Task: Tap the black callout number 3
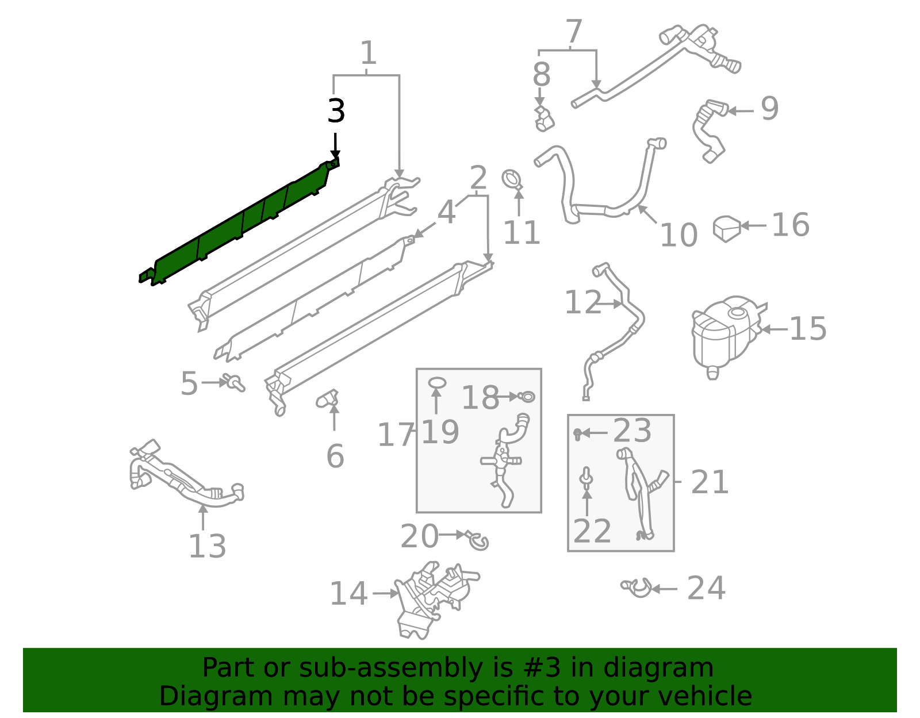pyautogui.click(x=336, y=111)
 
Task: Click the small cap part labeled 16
pyautogui.click(x=727, y=228)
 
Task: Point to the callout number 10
pyautogui.click(x=678, y=235)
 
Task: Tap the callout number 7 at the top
pyautogui.click(x=574, y=32)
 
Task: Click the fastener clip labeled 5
pyautogui.click(x=235, y=382)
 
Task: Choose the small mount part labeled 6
pyautogui.click(x=328, y=398)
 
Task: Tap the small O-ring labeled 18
pyautogui.click(x=527, y=396)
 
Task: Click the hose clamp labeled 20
pyautogui.click(x=478, y=539)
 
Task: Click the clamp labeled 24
pyautogui.click(x=637, y=588)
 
